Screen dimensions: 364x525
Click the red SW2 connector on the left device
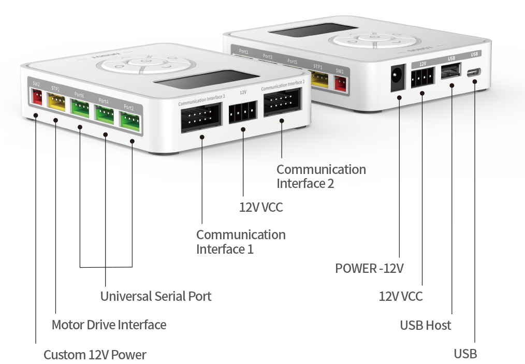(x=37, y=96)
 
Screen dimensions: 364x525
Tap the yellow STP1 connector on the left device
(x=56, y=101)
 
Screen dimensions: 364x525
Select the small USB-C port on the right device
(x=474, y=72)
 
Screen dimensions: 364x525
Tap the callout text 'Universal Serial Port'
(x=156, y=296)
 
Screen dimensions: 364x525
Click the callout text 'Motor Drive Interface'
(x=109, y=325)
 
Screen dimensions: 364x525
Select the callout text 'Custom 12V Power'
(x=95, y=355)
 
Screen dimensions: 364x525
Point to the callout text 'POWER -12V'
(x=369, y=269)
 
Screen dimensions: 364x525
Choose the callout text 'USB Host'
(x=426, y=326)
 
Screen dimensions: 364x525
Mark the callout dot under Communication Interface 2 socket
(x=282, y=121)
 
